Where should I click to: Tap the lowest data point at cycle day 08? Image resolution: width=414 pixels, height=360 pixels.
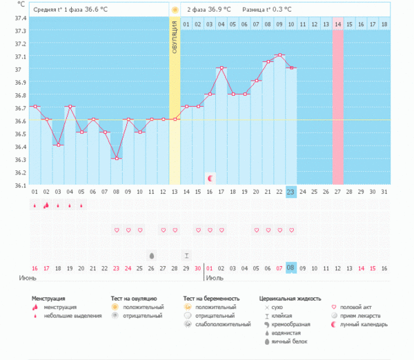(117, 159)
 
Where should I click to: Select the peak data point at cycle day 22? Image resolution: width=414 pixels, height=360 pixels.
(279, 55)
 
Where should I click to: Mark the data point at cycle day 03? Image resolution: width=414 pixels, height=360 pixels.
(58, 146)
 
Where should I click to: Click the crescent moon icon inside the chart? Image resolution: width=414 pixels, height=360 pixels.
(210, 179)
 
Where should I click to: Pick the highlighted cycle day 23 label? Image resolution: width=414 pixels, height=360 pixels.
(291, 192)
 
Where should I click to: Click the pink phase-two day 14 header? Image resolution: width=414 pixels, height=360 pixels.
(337, 24)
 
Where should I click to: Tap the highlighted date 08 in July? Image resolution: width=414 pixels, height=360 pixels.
(291, 268)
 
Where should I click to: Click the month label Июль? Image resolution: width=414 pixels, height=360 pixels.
(215, 278)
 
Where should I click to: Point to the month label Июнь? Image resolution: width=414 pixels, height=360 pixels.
(28, 278)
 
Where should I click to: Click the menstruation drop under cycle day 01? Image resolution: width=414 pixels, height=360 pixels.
(34, 205)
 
